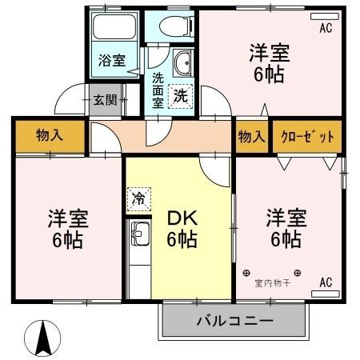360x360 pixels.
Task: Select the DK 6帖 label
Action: click(x=182, y=228)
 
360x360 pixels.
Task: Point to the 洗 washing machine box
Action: click(x=182, y=94)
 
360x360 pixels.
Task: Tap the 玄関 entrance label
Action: click(x=105, y=99)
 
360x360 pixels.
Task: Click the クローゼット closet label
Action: click(x=307, y=137)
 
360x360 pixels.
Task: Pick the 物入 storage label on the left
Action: click(x=49, y=136)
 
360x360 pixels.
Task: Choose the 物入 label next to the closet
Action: click(x=251, y=137)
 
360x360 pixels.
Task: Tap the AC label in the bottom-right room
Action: click(x=326, y=282)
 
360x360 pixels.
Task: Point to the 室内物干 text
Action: click(x=272, y=282)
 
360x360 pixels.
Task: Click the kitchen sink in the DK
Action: click(x=139, y=237)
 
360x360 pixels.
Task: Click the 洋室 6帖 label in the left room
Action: click(x=67, y=228)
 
